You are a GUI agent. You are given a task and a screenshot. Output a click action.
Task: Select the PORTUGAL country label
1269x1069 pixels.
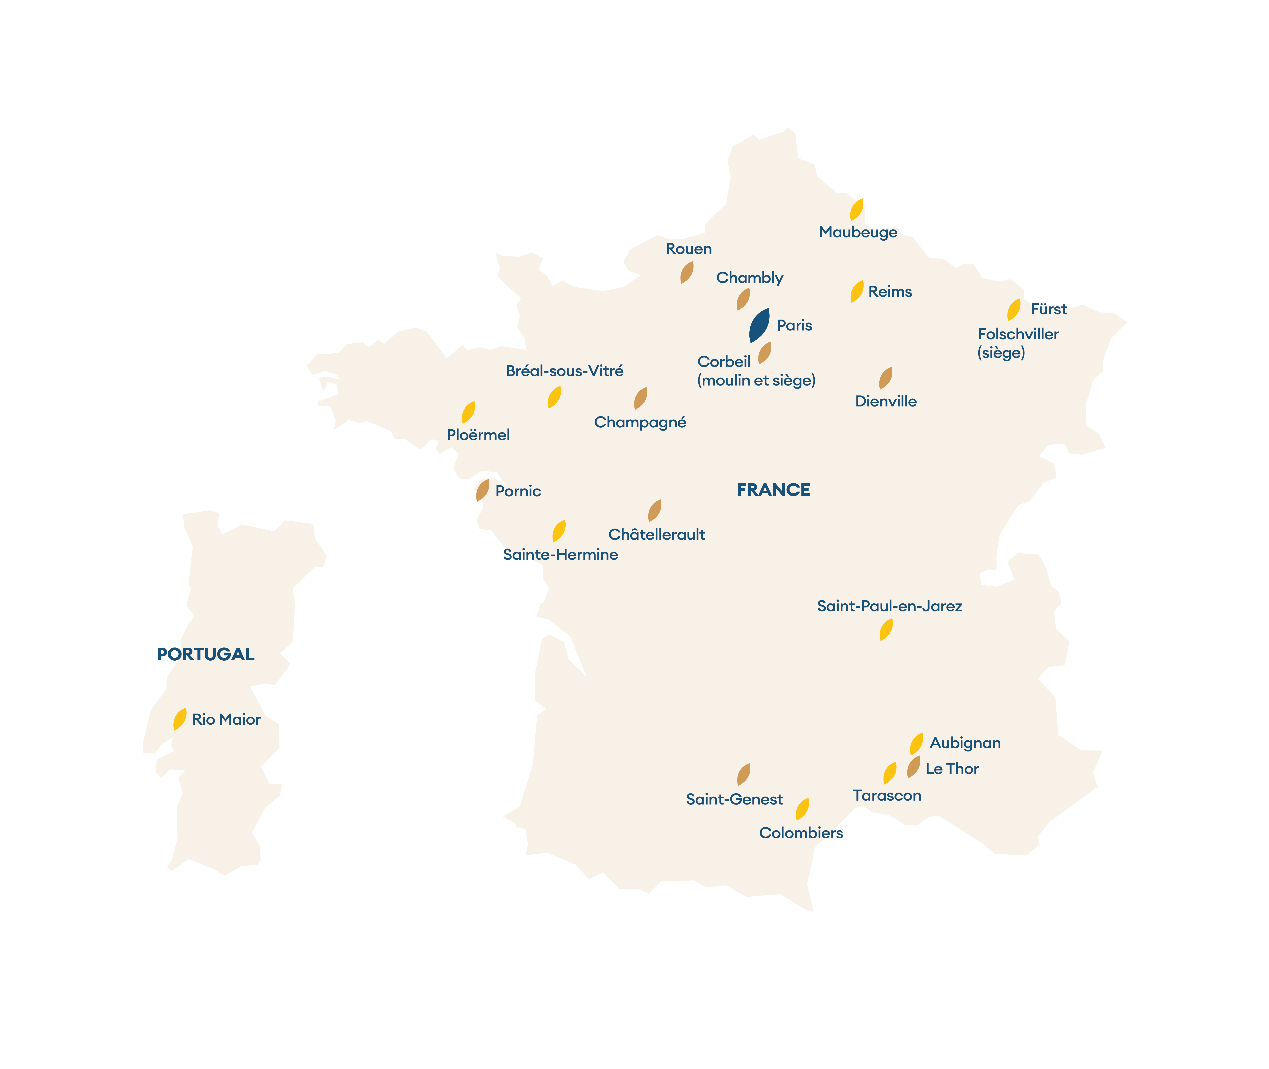tap(205, 655)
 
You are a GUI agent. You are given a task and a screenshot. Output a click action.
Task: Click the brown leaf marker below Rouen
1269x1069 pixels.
tap(687, 273)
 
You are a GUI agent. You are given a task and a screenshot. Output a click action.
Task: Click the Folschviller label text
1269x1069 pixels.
tap(1018, 334)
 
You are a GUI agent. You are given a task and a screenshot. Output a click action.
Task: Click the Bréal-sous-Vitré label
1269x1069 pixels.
tap(564, 371)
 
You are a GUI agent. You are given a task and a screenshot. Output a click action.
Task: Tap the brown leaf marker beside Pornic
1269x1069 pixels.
tap(482, 490)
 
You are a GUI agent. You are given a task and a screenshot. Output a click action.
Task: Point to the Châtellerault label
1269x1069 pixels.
tap(656, 534)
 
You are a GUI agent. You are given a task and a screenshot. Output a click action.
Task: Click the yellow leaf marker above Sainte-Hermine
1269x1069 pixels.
tap(559, 531)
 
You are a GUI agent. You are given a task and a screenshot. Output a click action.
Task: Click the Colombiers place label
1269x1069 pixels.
tap(801, 833)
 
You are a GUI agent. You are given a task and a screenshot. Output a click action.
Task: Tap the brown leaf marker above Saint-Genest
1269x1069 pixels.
tap(744, 775)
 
